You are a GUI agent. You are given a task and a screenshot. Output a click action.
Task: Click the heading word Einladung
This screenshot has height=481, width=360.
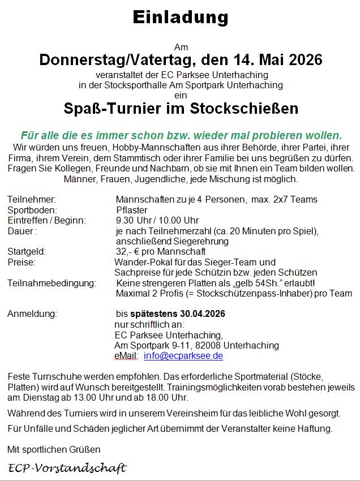(179, 18)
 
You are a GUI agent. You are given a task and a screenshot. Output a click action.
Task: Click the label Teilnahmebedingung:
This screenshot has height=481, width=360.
(52, 283)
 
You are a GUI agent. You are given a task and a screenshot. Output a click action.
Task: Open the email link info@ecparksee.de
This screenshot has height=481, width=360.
(183, 356)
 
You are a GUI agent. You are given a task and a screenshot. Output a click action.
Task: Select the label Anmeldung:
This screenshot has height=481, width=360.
(32, 313)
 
